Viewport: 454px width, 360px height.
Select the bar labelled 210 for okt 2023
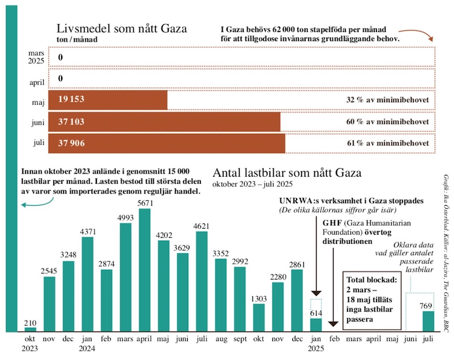[x=30, y=329]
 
